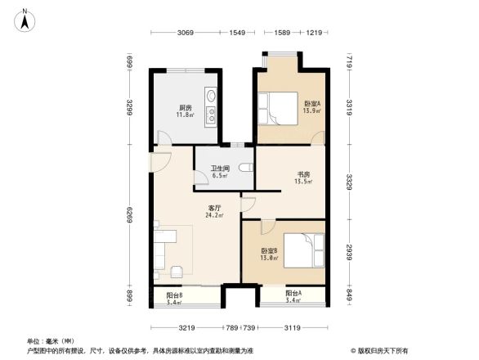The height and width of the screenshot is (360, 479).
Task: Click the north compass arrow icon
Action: pos(25,20)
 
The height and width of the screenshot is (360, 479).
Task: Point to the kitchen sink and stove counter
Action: pos(211,106)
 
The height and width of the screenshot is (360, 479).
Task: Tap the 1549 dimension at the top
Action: pos(238,33)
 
